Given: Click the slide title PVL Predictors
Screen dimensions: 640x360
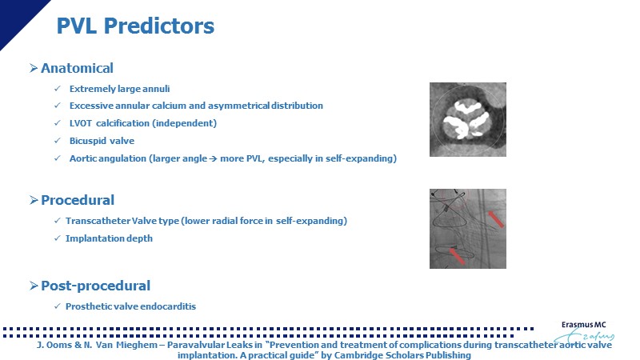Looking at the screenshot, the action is (x=135, y=26).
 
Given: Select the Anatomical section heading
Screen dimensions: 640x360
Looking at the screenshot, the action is (x=77, y=68).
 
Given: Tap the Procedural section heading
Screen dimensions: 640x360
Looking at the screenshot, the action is (x=78, y=200).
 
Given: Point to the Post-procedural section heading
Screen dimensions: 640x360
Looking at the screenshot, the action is (x=95, y=286).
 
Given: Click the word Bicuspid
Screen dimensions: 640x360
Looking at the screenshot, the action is (x=86, y=141).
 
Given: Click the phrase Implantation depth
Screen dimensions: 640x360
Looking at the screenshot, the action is (x=109, y=238).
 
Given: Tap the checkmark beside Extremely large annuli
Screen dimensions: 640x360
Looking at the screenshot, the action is (x=57, y=88).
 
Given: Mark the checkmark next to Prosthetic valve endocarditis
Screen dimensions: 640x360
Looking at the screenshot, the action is (x=57, y=306).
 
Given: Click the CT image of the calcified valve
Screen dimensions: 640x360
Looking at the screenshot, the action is (x=468, y=119).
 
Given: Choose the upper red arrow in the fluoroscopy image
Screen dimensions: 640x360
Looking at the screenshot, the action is (x=496, y=218).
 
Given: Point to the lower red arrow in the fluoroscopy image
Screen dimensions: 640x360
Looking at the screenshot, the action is (x=457, y=256).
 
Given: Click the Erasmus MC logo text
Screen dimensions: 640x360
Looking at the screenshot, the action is (x=584, y=325).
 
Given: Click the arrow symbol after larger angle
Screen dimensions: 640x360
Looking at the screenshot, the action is (x=213, y=158).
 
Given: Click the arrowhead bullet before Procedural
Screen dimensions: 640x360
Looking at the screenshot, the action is (x=34, y=200).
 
